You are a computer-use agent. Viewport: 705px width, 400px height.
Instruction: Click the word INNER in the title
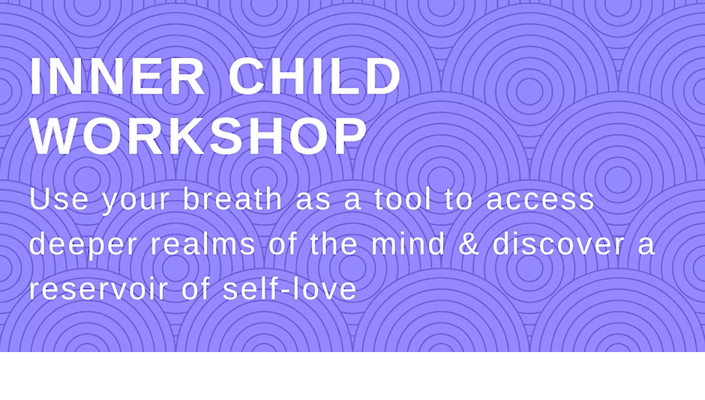click(118, 76)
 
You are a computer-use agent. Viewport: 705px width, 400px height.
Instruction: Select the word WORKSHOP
click(199, 136)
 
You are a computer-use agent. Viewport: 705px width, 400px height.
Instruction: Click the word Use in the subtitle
click(59, 199)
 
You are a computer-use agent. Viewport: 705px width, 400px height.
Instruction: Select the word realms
click(202, 243)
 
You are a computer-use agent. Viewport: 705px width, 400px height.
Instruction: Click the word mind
click(408, 243)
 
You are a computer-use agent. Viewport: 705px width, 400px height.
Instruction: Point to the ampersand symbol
click(469, 243)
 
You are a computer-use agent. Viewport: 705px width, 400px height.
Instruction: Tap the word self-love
click(289, 288)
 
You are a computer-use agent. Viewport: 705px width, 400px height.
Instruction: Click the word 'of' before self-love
click(196, 288)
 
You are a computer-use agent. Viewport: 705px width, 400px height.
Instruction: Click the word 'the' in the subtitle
click(334, 243)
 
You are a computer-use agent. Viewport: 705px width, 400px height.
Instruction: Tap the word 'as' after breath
click(313, 201)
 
